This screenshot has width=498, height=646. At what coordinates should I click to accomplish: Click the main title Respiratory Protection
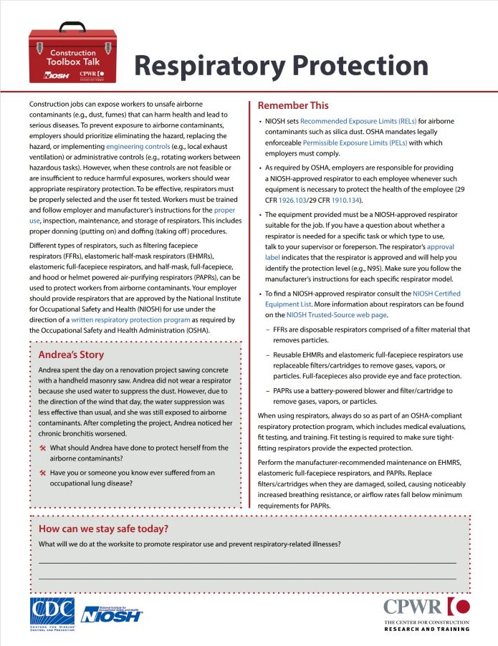[281, 66]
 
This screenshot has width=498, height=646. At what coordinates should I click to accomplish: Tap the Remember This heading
[293, 105]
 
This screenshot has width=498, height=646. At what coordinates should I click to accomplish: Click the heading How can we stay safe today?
[103, 529]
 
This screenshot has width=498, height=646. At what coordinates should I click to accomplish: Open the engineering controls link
[138, 146]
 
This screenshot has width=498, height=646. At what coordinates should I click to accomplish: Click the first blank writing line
[246, 564]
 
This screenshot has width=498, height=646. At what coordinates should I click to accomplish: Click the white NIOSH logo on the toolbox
[56, 74]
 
